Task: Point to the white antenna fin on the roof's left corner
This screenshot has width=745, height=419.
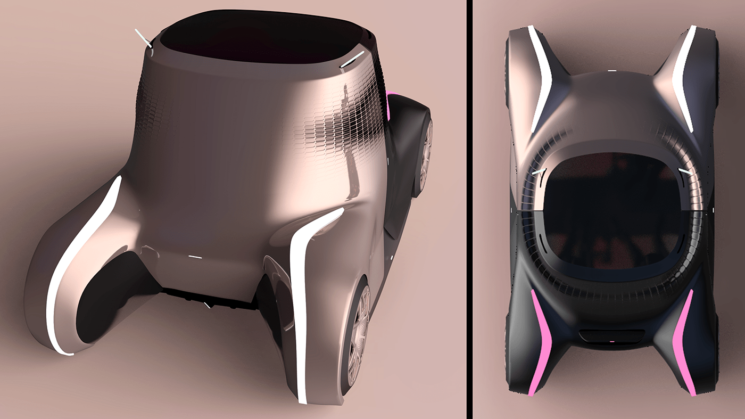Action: [x=144, y=38]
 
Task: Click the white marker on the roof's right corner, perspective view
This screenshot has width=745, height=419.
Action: [x=349, y=63]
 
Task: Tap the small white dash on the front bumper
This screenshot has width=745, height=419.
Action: [x=195, y=257]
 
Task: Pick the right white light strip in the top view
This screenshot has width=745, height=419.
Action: [x=684, y=80]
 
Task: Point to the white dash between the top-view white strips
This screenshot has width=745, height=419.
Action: [x=612, y=70]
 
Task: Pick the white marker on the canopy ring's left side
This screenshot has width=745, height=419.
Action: [x=539, y=171]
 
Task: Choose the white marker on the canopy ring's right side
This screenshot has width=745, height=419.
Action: [x=685, y=171]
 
